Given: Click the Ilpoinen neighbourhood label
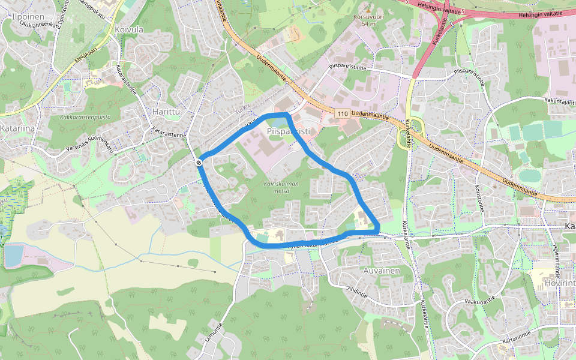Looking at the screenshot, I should coord(26,17).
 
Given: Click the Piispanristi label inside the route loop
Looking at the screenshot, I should coord(287,131).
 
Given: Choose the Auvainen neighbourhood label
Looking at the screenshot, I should coord(382,271).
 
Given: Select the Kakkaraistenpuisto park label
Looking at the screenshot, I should coord(85,117).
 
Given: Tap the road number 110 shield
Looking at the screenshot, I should coord(343,113).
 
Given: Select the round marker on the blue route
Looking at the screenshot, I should coord(199,162).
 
